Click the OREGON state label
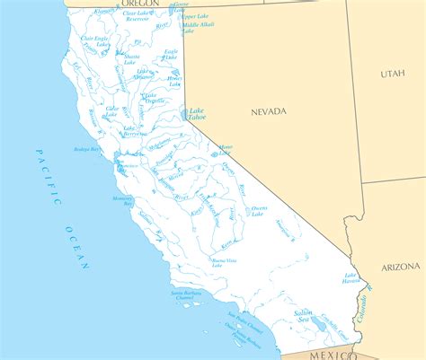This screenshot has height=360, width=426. [x=139, y=4]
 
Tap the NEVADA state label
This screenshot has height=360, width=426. [x=268, y=111]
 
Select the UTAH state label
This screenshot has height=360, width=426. [x=392, y=74]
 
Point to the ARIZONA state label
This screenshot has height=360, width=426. [x=399, y=267]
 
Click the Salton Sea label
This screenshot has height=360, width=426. [x=303, y=316]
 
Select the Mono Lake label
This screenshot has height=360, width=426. [x=225, y=149]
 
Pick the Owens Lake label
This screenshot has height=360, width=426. [x=259, y=211]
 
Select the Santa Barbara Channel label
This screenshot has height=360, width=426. [x=192, y=296]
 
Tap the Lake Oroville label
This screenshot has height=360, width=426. [x=149, y=98]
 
